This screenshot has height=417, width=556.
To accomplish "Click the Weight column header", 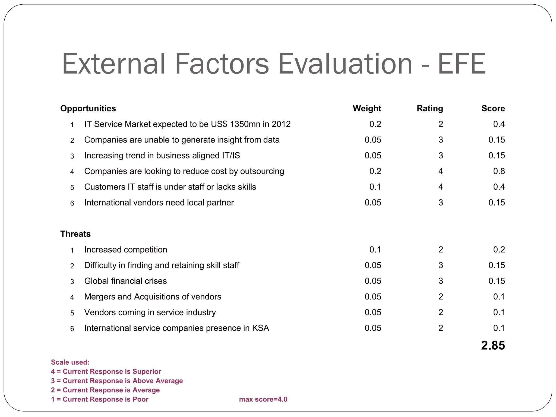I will tap(367, 108).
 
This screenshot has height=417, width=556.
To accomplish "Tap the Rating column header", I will tap(430, 108).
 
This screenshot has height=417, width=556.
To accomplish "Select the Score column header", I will tap(493, 108).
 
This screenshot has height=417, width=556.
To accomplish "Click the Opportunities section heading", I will tap(88, 108).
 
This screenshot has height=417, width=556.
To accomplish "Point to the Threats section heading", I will tap(75, 234).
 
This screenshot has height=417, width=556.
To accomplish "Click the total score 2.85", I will tap(493, 345).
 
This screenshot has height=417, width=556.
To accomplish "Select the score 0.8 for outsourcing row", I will tap(499, 171).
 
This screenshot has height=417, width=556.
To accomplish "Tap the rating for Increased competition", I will tap(441, 249).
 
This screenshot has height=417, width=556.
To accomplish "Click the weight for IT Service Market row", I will tap(375, 124).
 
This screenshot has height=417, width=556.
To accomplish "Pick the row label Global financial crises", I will tap(125, 281).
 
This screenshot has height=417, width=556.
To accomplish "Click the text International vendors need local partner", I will tap(159, 203).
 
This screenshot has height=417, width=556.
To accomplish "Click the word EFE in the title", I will tap(462, 64).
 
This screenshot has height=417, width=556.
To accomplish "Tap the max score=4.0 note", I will tap(263, 399).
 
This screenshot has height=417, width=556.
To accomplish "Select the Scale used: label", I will tap(70, 362).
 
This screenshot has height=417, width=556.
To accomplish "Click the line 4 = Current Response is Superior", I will tap(106, 371).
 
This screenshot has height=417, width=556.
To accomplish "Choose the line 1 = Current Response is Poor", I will tap(100, 399).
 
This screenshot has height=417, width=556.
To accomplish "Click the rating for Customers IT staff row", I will tap(441, 187).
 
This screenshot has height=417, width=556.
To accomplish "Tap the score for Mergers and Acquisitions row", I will tap(499, 296).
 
